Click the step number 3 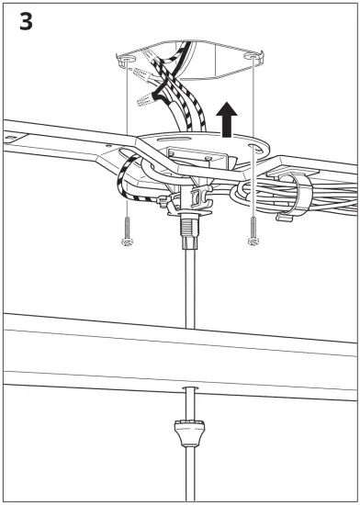tap(26, 22)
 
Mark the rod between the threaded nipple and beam tap(188, 285)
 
